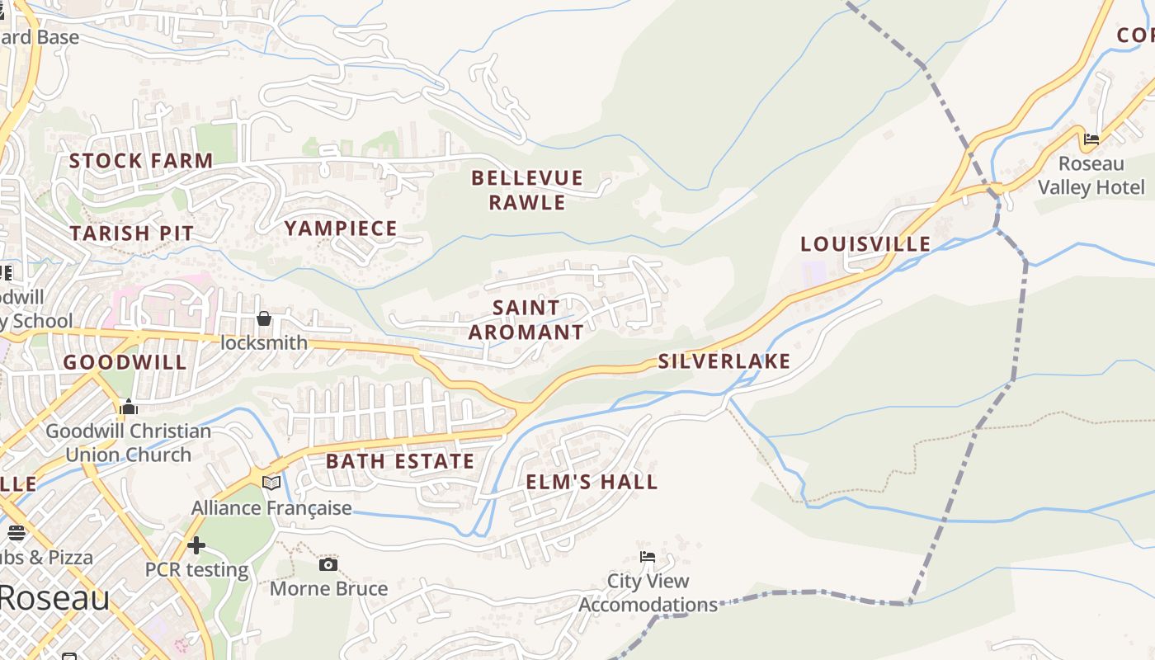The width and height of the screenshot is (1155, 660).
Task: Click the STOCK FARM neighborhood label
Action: tap(141, 161)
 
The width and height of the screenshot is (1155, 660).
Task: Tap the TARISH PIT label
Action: tap(131, 233)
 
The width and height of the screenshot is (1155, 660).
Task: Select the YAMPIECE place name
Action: tap(341, 229)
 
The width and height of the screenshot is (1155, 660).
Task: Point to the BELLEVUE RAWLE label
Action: tap(527, 190)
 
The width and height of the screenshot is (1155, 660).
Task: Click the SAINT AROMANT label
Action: tap(526, 320)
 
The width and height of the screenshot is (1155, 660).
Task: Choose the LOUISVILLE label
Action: tap(865, 244)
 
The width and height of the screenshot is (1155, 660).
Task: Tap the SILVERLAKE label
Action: tap(724, 361)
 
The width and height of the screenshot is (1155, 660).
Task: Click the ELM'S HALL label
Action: tap(592, 482)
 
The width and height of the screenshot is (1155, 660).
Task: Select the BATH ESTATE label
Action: tap(400, 461)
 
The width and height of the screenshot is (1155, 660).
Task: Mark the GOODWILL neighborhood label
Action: tap(125, 362)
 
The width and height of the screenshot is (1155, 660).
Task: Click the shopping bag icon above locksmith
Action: tap(264, 318)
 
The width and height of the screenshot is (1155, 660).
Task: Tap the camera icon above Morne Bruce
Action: tap(328, 564)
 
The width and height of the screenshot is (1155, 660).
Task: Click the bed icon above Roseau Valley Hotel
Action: tap(1091, 139)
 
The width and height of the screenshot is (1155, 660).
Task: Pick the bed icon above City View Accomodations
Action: tap(648, 557)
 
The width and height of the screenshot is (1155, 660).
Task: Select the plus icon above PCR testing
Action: tap(196, 545)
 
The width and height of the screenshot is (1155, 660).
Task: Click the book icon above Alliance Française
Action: tap(271, 483)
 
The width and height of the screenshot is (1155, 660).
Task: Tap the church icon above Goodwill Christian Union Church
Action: tap(128, 407)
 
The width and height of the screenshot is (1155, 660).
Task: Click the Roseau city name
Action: tap(54, 597)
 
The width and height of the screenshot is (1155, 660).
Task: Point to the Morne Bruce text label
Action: tap(328, 589)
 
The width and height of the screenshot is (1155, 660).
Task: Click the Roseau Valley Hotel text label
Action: tap(1091, 176)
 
